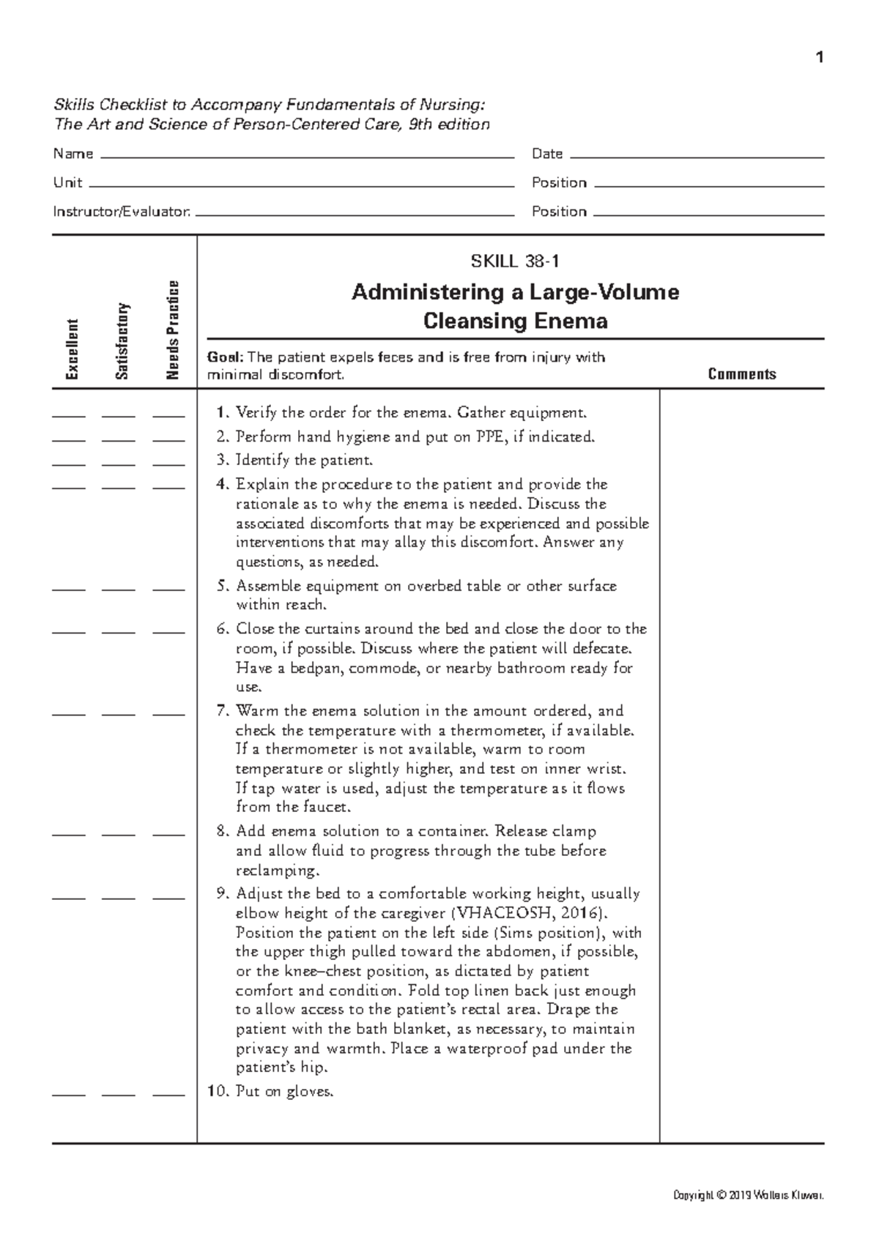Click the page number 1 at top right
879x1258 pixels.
point(820,58)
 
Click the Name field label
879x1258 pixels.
point(73,154)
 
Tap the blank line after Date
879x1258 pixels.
point(696,157)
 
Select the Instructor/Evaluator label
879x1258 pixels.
point(122,212)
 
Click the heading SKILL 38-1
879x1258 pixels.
point(515,261)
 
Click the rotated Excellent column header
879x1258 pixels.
point(71,349)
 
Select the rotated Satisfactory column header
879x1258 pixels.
point(122,341)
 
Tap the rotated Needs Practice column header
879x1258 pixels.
point(172,330)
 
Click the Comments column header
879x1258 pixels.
point(741,374)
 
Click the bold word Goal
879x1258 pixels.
point(224,357)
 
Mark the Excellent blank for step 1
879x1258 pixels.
point(69,415)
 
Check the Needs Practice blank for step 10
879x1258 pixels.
point(168,1095)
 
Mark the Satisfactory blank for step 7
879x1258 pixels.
point(119,713)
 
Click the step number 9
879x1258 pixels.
point(223,893)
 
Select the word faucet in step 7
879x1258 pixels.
point(327,808)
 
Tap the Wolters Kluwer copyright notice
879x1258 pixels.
point(748,1196)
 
